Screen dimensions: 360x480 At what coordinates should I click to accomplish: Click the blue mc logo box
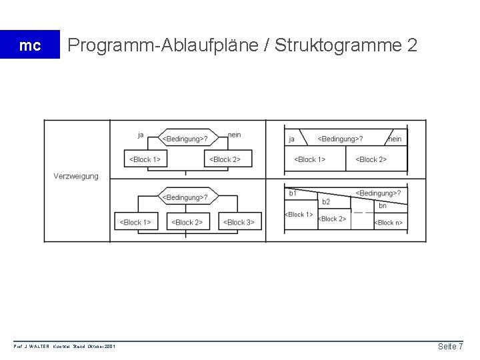29,45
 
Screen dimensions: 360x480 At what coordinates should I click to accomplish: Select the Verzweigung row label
76,176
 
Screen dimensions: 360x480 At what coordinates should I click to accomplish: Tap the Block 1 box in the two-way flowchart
145,159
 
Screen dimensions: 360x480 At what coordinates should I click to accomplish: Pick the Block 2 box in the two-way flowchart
225,159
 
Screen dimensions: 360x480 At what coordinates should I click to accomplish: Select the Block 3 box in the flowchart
239,222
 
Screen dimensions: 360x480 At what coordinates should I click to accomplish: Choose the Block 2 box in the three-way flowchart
187,222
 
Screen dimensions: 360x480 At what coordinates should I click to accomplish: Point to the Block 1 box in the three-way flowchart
135,222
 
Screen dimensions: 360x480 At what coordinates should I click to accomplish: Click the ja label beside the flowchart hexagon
141,135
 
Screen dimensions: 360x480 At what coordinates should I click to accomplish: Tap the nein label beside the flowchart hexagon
234,135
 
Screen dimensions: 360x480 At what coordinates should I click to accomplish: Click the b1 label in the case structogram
293,193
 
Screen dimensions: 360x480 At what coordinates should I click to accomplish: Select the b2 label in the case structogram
326,201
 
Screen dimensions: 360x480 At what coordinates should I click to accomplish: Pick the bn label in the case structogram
383,206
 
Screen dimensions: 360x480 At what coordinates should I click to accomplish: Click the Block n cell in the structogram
388,223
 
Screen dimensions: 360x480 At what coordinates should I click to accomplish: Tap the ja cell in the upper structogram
292,139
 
